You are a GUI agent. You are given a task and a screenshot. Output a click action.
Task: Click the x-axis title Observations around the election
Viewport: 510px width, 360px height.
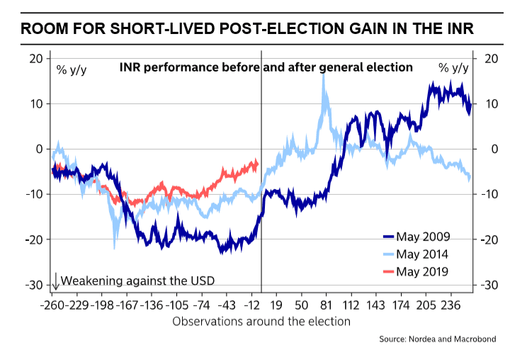click(261, 321)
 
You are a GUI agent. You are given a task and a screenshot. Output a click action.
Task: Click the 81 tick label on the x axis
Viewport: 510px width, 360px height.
click(325, 305)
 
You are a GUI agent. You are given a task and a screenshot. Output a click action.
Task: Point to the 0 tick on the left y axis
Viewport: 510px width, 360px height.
click(40, 149)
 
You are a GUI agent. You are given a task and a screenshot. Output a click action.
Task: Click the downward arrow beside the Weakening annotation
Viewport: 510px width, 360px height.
click(55, 281)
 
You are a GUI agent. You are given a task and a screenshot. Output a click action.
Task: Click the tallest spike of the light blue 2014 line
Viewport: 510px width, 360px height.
click(324, 75)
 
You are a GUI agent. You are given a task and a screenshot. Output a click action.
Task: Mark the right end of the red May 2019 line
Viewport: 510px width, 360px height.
click(256, 163)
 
